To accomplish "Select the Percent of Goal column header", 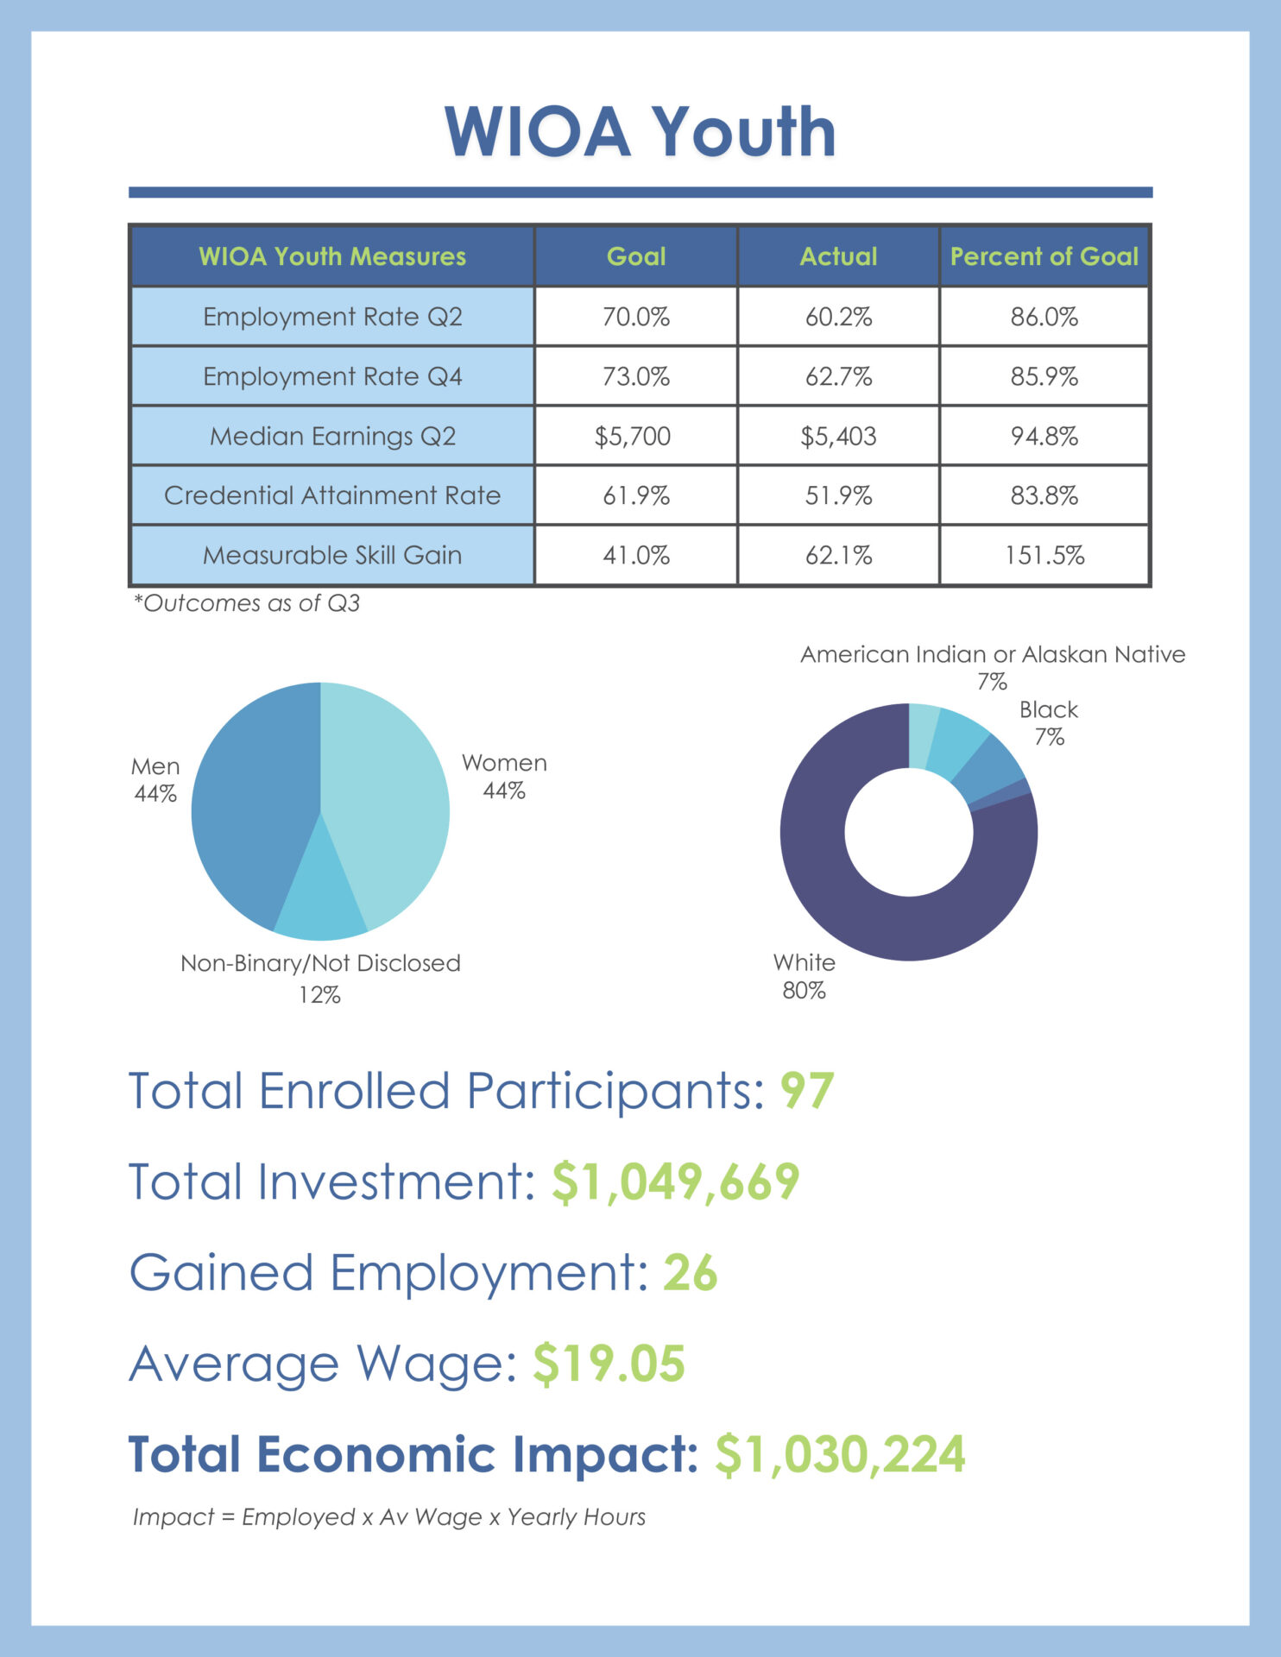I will [1044, 256].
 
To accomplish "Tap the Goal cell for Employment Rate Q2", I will [636, 317].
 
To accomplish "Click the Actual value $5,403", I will [838, 436].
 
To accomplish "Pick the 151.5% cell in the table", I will [1044, 555].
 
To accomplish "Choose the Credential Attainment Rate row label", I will [332, 495].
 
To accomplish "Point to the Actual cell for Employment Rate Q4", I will [838, 376].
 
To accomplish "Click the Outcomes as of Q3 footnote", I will [247, 603].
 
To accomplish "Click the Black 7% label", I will [1049, 722].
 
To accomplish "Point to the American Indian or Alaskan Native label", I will [993, 655].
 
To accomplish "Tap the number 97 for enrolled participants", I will [807, 1091].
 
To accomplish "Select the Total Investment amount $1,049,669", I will [675, 1181].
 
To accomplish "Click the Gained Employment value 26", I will [690, 1273].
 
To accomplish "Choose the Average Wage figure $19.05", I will [609, 1364].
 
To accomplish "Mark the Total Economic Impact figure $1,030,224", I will [840, 1455].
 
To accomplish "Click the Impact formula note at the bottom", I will [389, 1517].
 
